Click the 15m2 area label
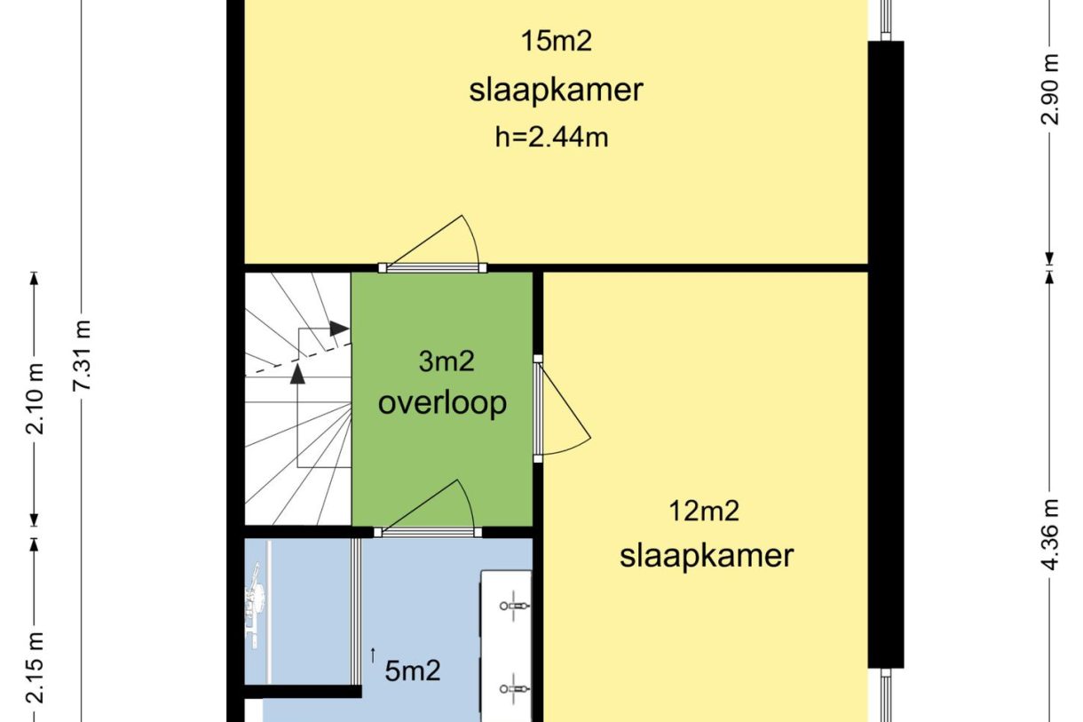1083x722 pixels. click(556, 41)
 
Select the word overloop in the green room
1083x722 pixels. click(442, 402)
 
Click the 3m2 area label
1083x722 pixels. click(447, 361)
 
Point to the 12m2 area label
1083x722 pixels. click(705, 511)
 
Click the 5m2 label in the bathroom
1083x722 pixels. click(413, 670)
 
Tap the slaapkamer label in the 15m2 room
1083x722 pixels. click(556, 91)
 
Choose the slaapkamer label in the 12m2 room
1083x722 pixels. click(706, 556)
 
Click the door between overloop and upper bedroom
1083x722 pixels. click(432, 266)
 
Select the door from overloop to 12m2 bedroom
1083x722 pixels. click(538, 409)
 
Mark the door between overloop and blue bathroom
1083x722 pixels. click(427, 531)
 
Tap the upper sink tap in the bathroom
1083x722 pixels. click(514, 606)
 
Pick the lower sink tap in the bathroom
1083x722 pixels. click(514, 687)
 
